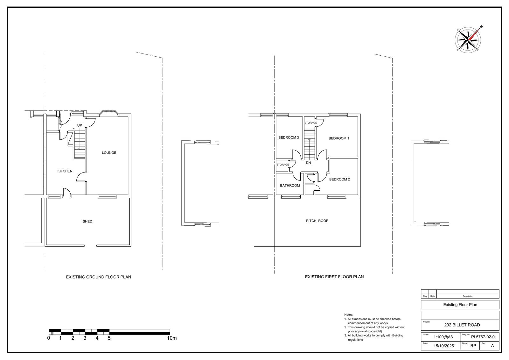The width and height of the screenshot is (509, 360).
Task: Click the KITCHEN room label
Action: [x=65, y=171]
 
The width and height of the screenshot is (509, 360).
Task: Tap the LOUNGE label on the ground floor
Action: [x=109, y=153]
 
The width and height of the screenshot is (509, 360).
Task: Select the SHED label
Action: [x=87, y=222]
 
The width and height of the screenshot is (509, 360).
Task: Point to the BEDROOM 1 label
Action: [x=339, y=138]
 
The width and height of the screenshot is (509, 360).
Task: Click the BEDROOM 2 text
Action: [x=339, y=180]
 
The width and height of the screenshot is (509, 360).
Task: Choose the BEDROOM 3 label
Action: [x=289, y=138]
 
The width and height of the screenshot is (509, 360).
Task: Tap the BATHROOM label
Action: [x=290, y=186]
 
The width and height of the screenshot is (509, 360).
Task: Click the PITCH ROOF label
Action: [x=317, y=221]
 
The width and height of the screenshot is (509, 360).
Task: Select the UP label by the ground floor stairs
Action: [x=80, y=125]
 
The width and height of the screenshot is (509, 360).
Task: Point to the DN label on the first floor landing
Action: [x=308, y=163]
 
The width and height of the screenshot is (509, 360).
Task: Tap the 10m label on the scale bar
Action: [x=172, y=338]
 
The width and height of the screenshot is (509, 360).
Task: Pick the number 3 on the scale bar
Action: [x=85, y=338]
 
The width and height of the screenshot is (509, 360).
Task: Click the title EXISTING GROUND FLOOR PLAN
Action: [x=98, y=277]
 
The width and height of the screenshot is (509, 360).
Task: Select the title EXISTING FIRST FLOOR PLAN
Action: [x=334, y=277]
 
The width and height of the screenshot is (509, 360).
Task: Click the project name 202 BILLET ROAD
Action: [x=462, y=325]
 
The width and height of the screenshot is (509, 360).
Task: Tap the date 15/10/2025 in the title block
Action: [x=444, y=346]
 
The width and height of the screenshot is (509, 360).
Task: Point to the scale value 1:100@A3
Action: [x=443, y=337]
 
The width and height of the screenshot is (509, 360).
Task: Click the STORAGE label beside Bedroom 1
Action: [x=310, y=123]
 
